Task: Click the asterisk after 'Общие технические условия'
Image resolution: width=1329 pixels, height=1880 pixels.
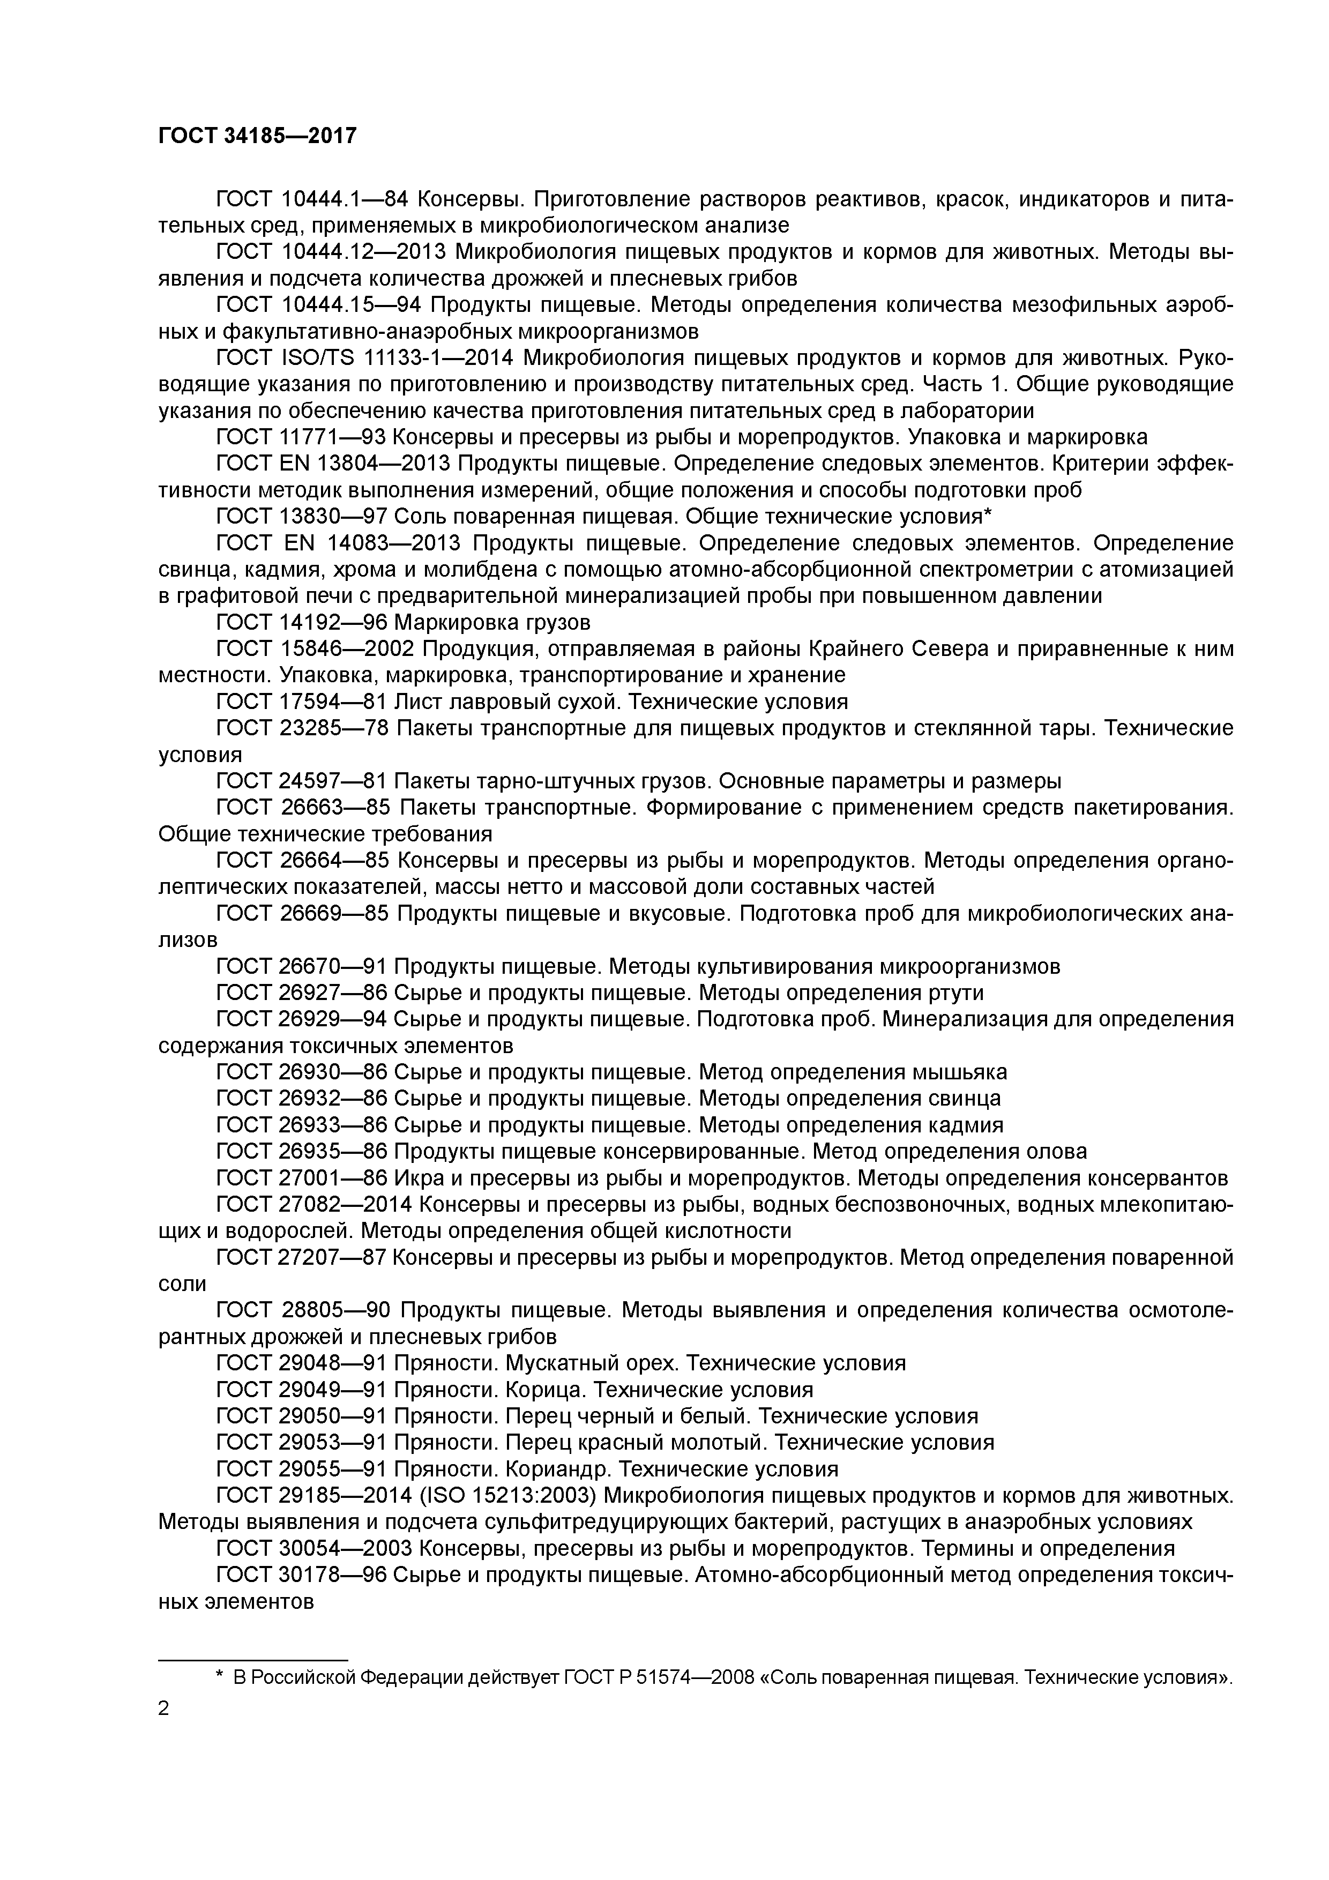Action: pyautogui.click(x=988, y=515)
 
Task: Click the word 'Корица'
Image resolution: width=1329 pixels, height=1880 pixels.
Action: pyautogui.click(x=546, y=1390)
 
